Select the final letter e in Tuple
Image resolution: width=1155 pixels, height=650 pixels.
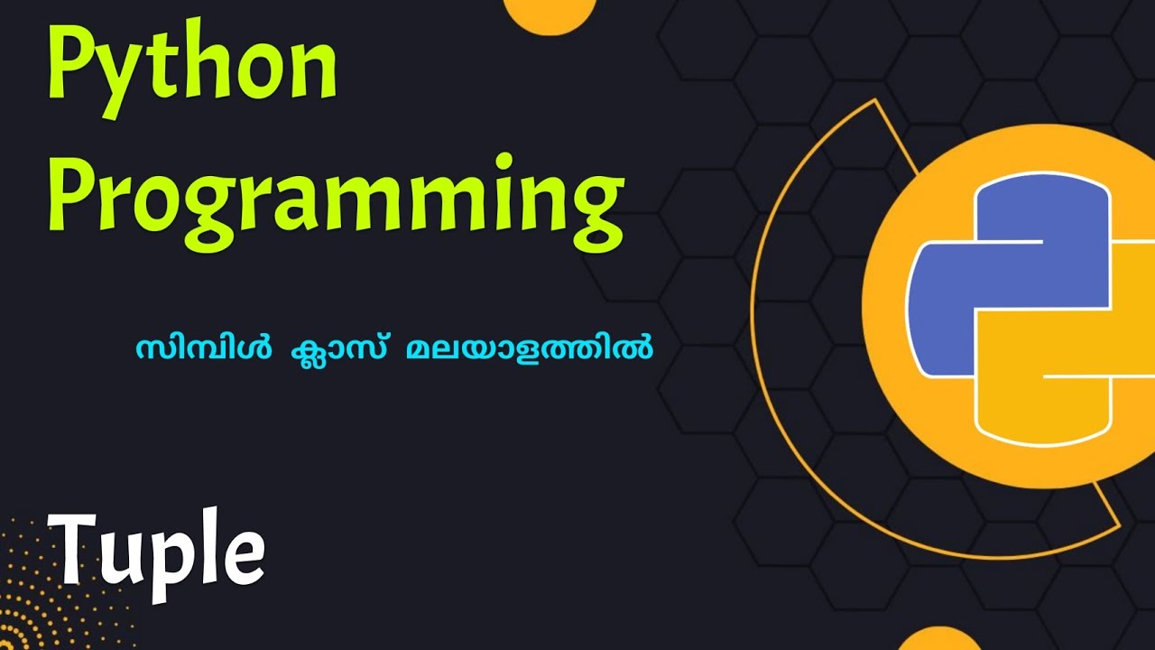tap(245, 555)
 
